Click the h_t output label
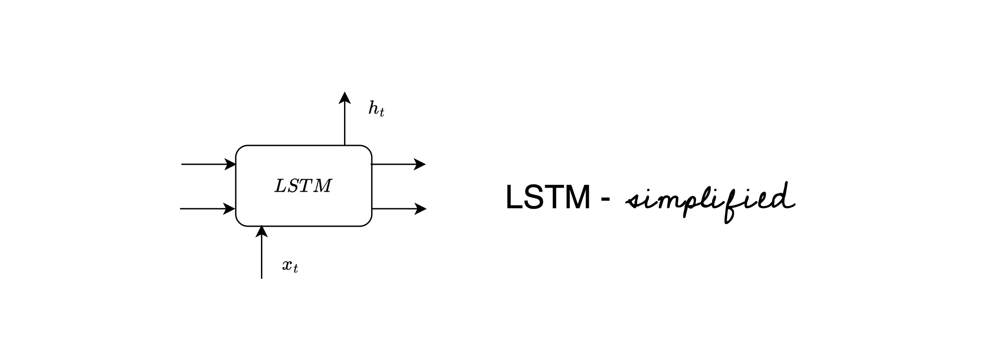[x=376, y=109]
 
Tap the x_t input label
[x=290, y=266]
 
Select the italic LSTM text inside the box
[x=303, y=186]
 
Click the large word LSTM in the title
[x=547, y=198]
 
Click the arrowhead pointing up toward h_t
[x=344, y=97]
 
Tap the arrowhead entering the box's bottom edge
[x=261, y=231]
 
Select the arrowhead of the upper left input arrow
[x=231, y=165]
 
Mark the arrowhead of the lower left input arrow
[x=230, y=209]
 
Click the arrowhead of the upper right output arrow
[x=420, y=164]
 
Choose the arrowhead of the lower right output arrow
[x=421, y=209]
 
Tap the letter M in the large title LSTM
[x=576, y=198]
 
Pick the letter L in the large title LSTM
[x=514, y=198]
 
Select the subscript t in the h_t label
[x=382, y=113]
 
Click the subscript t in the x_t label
[x=296, y=269]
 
